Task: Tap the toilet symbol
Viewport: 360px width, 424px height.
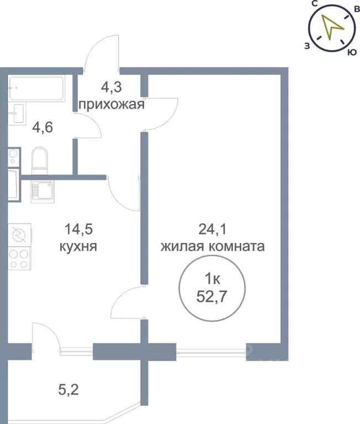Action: [x=40, y=159]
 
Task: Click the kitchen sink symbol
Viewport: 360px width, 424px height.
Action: [x=43, y=191]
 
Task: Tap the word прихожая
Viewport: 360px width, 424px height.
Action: [x=112, y=104]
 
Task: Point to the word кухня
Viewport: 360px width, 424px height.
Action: [x=78, y=247]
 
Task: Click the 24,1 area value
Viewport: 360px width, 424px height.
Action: [x=212, y=228]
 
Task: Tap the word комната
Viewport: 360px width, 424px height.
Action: [x=239, y=246]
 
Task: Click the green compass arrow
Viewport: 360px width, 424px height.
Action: [x=332, y=29]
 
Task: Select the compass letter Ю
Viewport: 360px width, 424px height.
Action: [x=350, y=53]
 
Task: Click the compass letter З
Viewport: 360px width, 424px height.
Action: [x=306, y=46]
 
